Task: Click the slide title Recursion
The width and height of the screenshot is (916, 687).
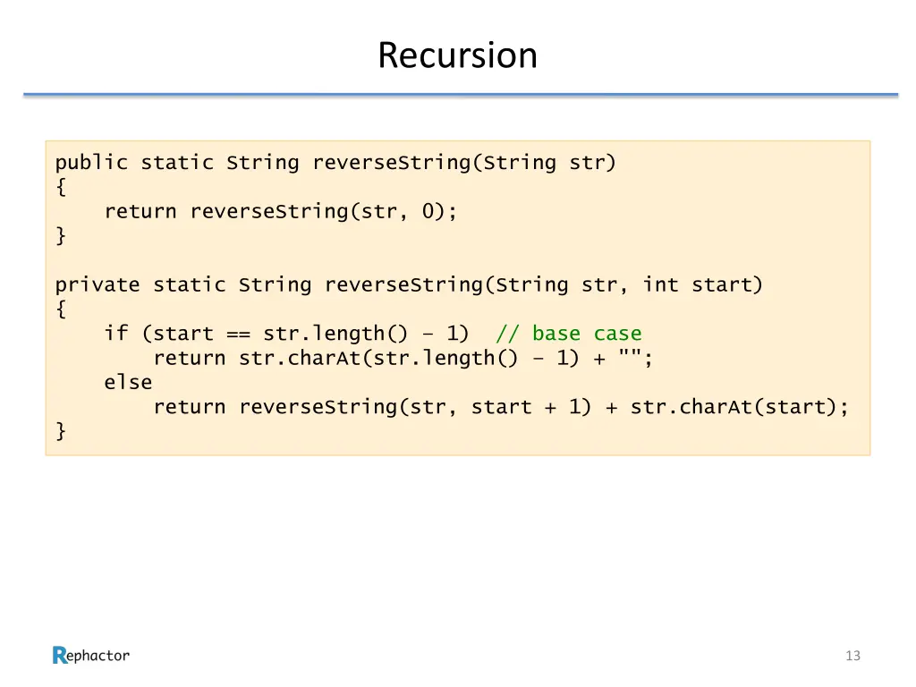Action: point(457,55)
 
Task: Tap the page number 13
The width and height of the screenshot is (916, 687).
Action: point(852,656)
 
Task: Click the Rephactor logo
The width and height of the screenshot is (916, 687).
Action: point(91,656)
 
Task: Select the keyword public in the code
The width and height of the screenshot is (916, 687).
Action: point(91,163)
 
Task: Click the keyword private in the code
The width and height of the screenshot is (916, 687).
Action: point(98,285)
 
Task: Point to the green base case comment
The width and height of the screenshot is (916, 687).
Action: point(569,334)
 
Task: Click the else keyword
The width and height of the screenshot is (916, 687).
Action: point(128,383)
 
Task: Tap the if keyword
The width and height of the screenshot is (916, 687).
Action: point(116,334)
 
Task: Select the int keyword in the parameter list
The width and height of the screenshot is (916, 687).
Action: point(660,285)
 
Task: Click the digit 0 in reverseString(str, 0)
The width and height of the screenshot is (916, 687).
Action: point(428,212)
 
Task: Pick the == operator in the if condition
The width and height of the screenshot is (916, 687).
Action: point(238,334)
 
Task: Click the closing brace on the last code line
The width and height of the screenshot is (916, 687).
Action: point(61,431)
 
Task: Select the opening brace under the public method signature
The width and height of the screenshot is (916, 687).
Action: point(61,187)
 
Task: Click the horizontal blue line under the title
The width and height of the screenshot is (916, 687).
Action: point(460,94)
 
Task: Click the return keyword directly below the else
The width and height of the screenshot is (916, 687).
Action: point(189,407)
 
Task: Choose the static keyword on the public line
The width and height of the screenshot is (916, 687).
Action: point(177,163)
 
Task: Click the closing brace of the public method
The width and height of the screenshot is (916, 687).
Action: point(61,236)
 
